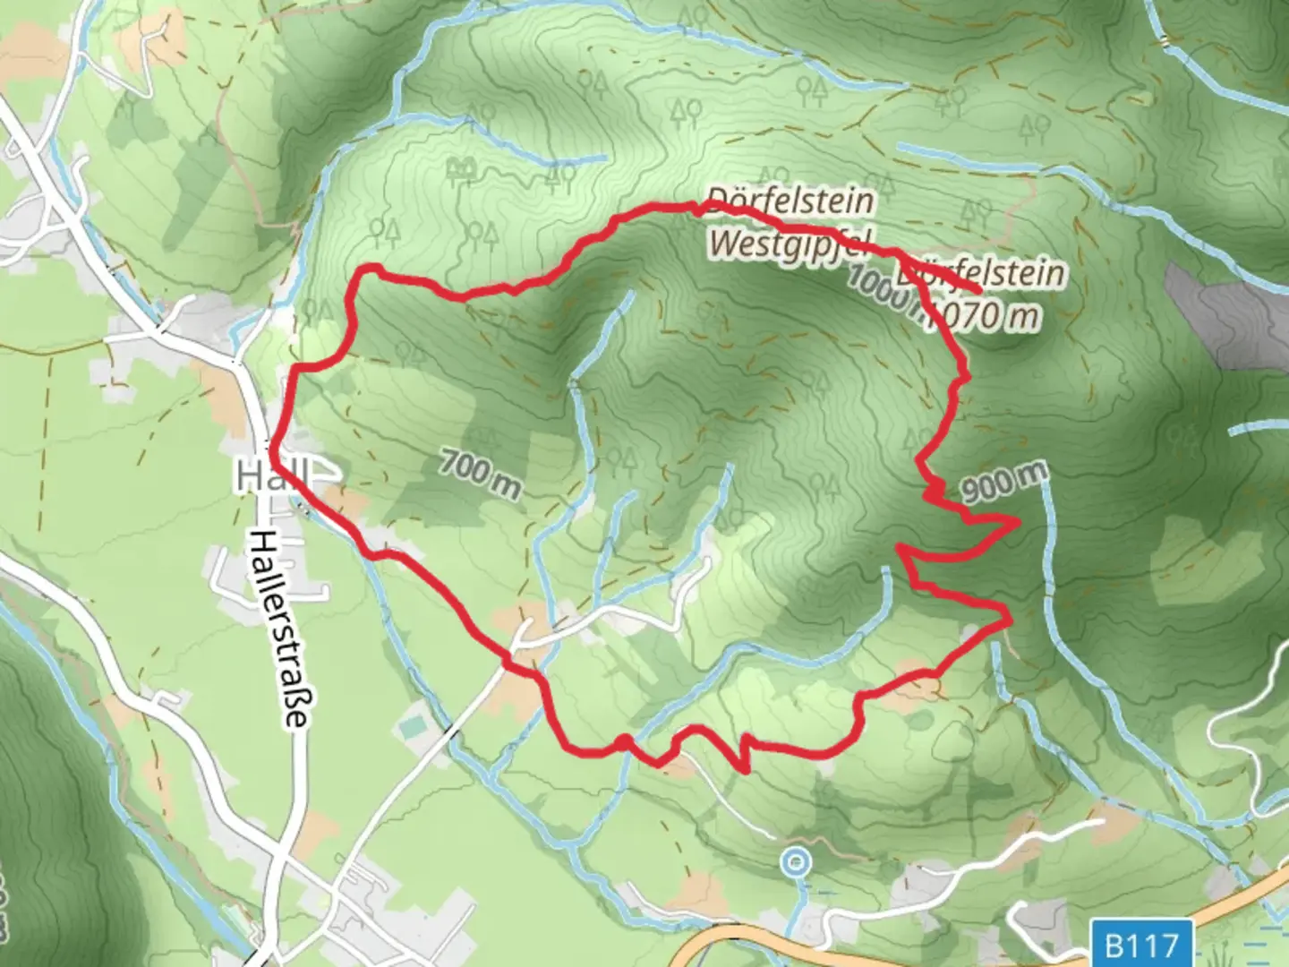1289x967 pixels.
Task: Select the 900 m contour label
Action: (1003, 483)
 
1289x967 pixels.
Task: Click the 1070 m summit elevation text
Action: (985, 314)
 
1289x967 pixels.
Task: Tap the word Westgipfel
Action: (776, 244)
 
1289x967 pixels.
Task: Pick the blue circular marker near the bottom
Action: (795, 863)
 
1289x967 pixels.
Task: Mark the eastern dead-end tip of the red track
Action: (981, 291)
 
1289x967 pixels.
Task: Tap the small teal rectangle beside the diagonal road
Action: (413, 726)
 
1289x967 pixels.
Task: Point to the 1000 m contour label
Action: (882, 288)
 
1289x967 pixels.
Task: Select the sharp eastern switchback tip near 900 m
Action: (1018, 520)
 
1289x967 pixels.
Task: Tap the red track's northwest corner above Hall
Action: (363, 269)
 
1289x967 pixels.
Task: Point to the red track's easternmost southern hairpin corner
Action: (1010, 617)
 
